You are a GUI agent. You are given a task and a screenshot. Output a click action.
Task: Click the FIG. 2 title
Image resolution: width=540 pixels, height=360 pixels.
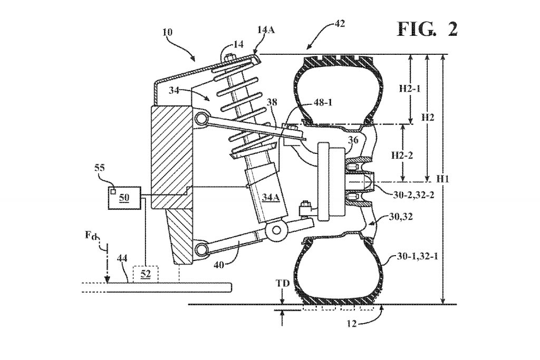427,29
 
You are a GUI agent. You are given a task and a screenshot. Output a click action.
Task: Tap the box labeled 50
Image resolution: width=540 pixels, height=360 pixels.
124,198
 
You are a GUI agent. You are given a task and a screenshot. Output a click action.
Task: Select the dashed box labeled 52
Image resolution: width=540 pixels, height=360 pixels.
146,274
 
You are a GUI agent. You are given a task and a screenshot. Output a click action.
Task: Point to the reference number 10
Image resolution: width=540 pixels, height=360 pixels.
168,32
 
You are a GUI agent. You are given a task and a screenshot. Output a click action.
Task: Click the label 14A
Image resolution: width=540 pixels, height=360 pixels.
266,30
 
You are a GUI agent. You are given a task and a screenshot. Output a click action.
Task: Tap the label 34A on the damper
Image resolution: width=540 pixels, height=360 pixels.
271,197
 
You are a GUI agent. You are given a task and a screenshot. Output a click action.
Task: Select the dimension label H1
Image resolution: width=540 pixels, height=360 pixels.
442,179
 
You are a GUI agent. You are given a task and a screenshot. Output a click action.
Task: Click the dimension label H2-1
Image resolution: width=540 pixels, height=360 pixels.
410,89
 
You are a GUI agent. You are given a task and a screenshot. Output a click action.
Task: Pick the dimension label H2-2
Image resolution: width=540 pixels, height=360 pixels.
402,155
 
